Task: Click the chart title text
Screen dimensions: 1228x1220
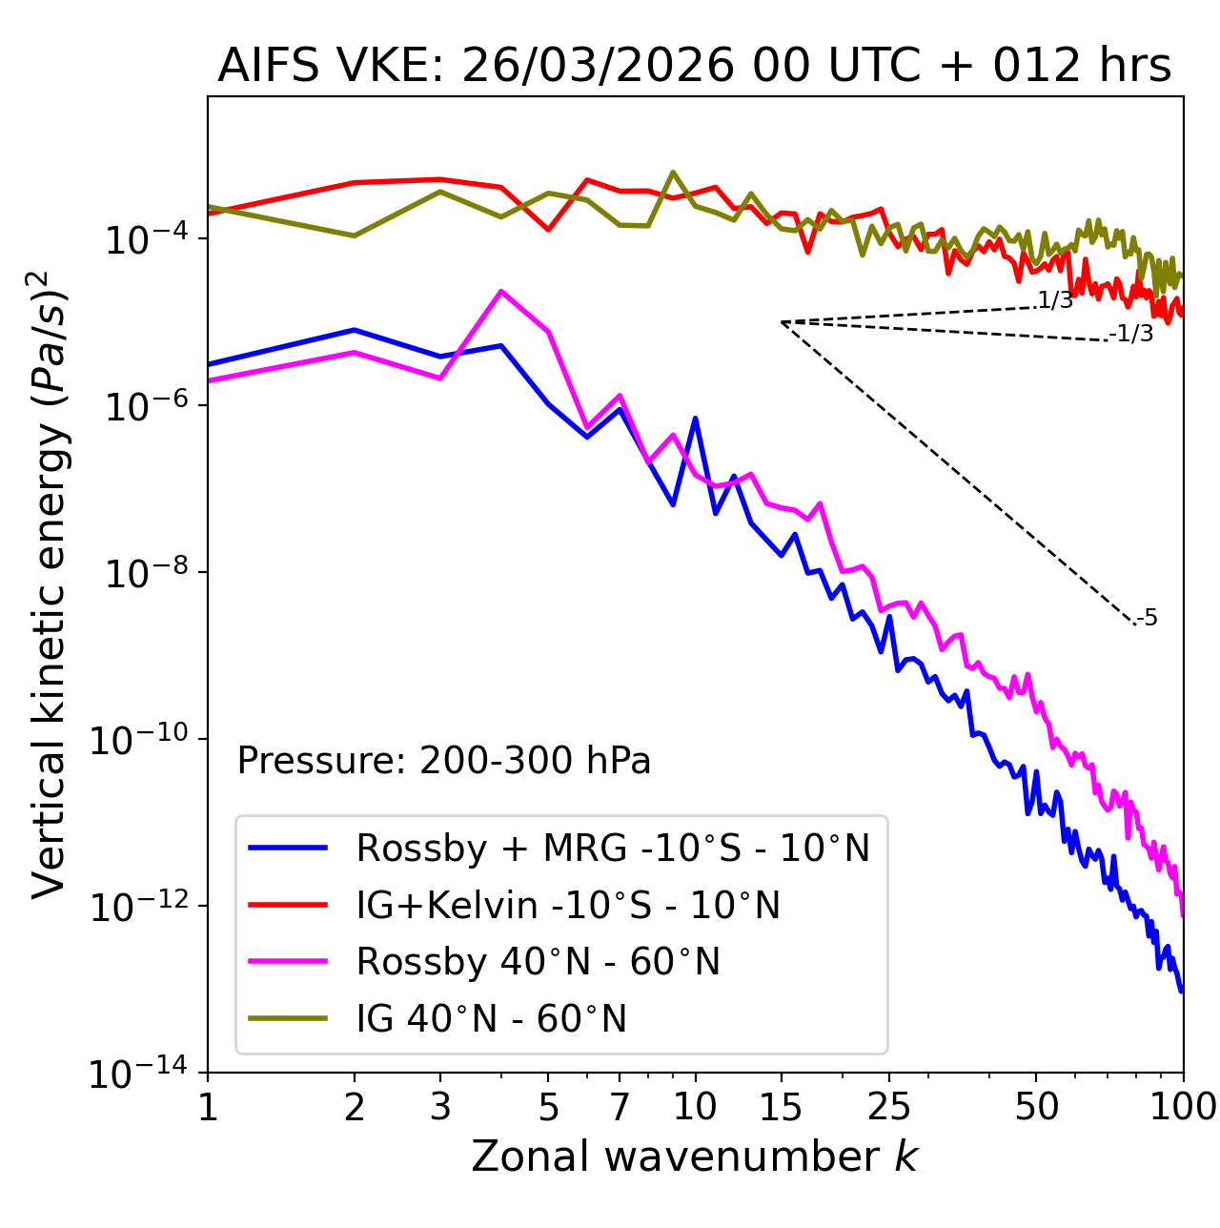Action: coord(694,67)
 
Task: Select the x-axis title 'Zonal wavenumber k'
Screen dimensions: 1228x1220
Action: coord(694,1156)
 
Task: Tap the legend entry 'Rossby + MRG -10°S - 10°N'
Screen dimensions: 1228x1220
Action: coord(613,848)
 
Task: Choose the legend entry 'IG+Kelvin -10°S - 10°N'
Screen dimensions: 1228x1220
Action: coord(568,905)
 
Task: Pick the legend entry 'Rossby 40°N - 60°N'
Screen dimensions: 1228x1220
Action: coord(538,962)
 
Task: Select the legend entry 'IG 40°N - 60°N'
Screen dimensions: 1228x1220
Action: coord(491,1019)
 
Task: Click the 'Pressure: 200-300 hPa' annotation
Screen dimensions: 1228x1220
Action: coord(444,761)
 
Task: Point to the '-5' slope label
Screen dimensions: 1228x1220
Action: coord(1147,619)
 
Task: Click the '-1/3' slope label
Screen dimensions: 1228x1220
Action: coord(1131,334)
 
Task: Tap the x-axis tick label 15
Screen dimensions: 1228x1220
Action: coord(781,1107)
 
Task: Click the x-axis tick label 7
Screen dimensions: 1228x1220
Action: coord(620,1107)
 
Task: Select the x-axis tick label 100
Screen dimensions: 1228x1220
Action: coord(1182,1107)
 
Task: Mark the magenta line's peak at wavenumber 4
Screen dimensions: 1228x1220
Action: coord(501,292)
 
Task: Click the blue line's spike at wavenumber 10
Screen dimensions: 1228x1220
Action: coord(695,419)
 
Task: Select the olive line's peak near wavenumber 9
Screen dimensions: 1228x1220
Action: coord(673,173)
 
